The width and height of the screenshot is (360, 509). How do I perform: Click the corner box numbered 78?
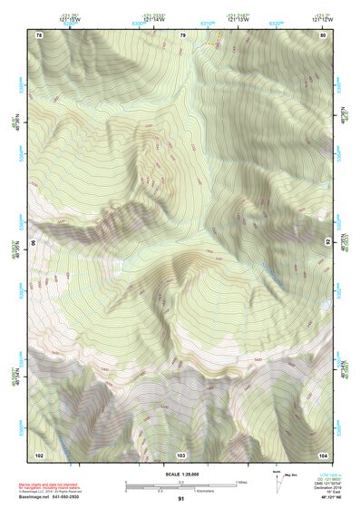pos(39,34)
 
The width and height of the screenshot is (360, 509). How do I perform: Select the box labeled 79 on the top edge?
pos(182,34)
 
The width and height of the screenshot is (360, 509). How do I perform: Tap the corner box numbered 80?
pos(324,34)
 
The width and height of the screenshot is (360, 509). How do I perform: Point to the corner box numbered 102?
pos(39,454)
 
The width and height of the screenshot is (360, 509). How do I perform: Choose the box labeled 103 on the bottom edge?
pos(181,454)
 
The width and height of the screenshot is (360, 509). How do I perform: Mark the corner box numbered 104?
pos(324,454)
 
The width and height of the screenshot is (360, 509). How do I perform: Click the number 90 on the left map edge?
pos(34,244)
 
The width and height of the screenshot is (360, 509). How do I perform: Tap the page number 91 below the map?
pos(181,499)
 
